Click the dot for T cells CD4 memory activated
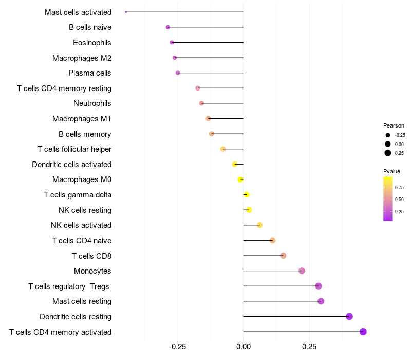tap(363, 332)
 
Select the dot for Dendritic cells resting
tap(349, 316)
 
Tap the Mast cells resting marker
tap(321, 301)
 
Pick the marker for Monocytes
tap(302, 271)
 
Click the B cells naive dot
tap(167, 27)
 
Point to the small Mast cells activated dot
tap(126, 12)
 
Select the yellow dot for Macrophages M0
tap(240, 179)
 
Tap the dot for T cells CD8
tap(283, 256)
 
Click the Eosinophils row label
tap(92, 43)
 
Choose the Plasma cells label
tap(90, 73)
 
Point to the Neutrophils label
tap(92, 103)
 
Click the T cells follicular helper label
tap(74, 149)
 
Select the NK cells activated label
tap(81, 225)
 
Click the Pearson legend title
tap(394, 125)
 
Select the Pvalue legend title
tap(391, 171)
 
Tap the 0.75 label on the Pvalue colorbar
tap(399, 187)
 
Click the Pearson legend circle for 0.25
tap(388, 153)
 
